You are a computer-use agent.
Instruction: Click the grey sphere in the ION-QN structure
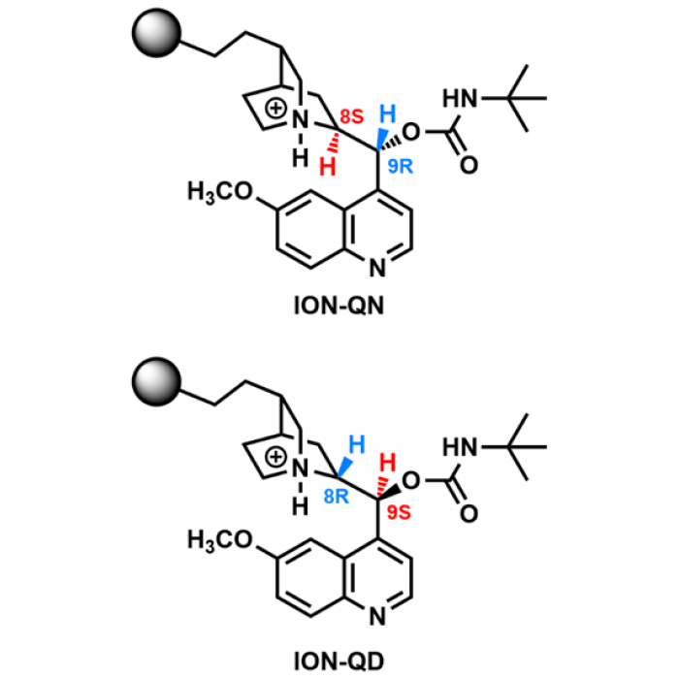click(156, 33)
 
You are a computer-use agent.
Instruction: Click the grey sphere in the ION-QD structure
click(156, 381)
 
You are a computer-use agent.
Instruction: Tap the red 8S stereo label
click(351, 116)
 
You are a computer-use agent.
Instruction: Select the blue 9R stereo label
click(400, 166)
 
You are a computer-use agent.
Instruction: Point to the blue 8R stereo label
click(336, 497)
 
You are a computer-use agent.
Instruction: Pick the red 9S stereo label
click(399, 512)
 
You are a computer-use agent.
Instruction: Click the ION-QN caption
click(339, 306)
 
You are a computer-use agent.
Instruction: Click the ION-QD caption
click(339, 662)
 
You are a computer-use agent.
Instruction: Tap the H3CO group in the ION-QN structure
click(219, 191)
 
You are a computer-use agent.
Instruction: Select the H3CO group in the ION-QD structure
click(219, 540)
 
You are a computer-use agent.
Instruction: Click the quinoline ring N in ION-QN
click(377, 268)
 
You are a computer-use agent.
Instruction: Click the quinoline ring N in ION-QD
click(377, 617)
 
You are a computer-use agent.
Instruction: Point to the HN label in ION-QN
click(460, 98)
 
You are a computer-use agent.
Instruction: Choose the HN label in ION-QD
click(460, 447)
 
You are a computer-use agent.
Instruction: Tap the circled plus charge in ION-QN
click(275, 109)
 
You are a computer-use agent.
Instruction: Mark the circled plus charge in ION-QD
click(275, 457)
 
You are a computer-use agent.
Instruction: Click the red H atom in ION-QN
click(328, 167)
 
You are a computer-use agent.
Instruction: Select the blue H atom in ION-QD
click(357, 444)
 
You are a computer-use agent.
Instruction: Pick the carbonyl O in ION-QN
click(469, 165)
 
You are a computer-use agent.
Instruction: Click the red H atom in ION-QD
click(387, 463)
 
